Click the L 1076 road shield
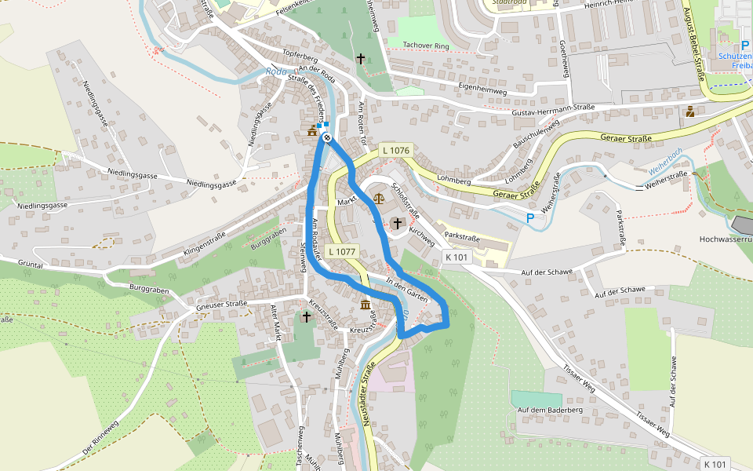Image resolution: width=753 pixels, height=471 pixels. tap(395, 150)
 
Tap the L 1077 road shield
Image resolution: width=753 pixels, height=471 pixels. tap(343, 252)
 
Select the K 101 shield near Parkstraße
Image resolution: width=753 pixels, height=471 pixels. tap(456, 257)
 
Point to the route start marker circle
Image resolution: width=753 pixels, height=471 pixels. tap(326, 138)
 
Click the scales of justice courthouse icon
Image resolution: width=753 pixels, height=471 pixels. tap(380, 199)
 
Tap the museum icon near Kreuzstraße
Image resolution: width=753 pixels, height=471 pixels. tap(366, 305)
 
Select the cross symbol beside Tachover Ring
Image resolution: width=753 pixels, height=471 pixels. tap(361, 59)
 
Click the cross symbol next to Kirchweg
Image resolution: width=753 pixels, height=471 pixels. tap(398, 225)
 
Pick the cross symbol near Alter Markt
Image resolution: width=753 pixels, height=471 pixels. tap(307, 316)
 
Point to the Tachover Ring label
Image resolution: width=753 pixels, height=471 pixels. tap(424, 45)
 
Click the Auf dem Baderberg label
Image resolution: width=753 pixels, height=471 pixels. tap(548, 410)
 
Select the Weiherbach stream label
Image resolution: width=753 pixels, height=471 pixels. tap(666, 160)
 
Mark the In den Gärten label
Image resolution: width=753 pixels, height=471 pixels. tap(406, 291)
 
